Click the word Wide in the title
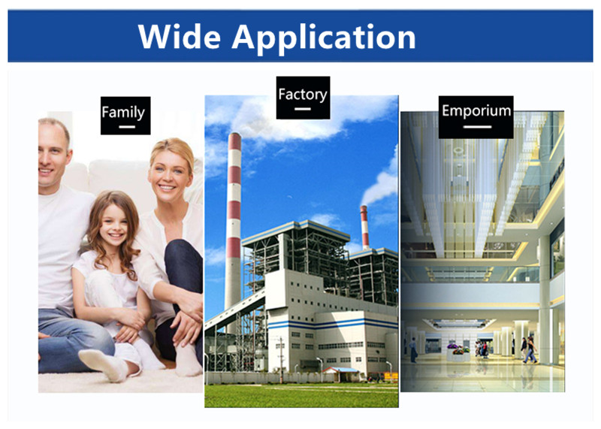click(x=180, y=36)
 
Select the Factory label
click(x=303, y=98)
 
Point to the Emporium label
click(x=476, y=117)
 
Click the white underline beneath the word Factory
click(x=303, y=109)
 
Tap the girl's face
click(x=113, y=224)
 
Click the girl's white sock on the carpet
click(x=104, y=364)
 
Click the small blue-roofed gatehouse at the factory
click(x=341, y=374)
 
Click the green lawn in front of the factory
click(x=301, y=395)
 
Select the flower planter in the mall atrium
click(x=458, y=352)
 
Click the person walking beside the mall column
click(x=531, y=349)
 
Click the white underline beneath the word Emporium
click(x=477, y=127)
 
